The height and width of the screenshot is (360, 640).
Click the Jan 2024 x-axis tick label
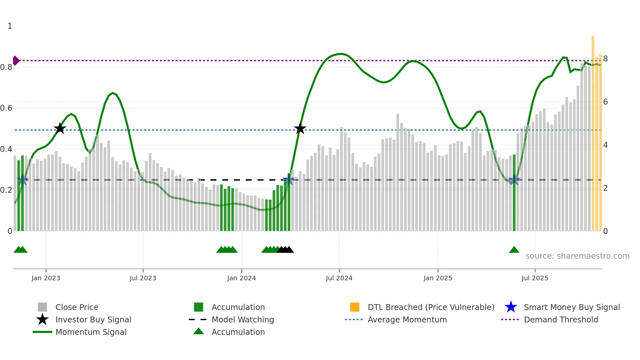[x=241, y=278]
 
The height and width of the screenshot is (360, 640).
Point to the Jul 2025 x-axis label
[x=535, y=278]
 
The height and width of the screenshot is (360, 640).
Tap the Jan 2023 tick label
[x=46, y=278]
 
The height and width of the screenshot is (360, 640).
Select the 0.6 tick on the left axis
[x=6, y=108]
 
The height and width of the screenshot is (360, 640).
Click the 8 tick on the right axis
[x=605, y=59]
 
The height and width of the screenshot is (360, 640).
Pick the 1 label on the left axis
[x=10, y=26]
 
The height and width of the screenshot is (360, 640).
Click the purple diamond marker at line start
[x=16, y=61]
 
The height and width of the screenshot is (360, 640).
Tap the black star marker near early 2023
[x=60, y=128]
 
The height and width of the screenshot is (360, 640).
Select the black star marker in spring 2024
[x=300, y=128]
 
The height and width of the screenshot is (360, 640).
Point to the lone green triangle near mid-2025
[x=514, y=250]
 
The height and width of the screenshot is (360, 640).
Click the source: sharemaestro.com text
[x=577, y=256]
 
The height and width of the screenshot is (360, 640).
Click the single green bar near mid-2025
[x=514, y=193]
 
